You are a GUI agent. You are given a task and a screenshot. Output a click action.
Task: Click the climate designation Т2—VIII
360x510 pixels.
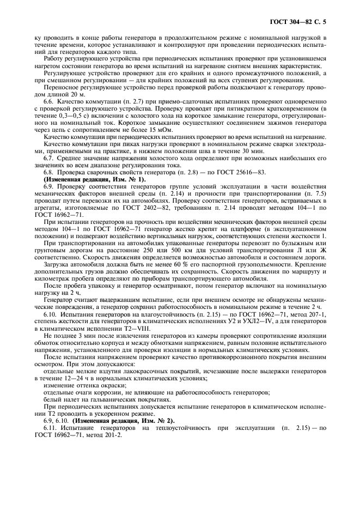coord(131,330)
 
